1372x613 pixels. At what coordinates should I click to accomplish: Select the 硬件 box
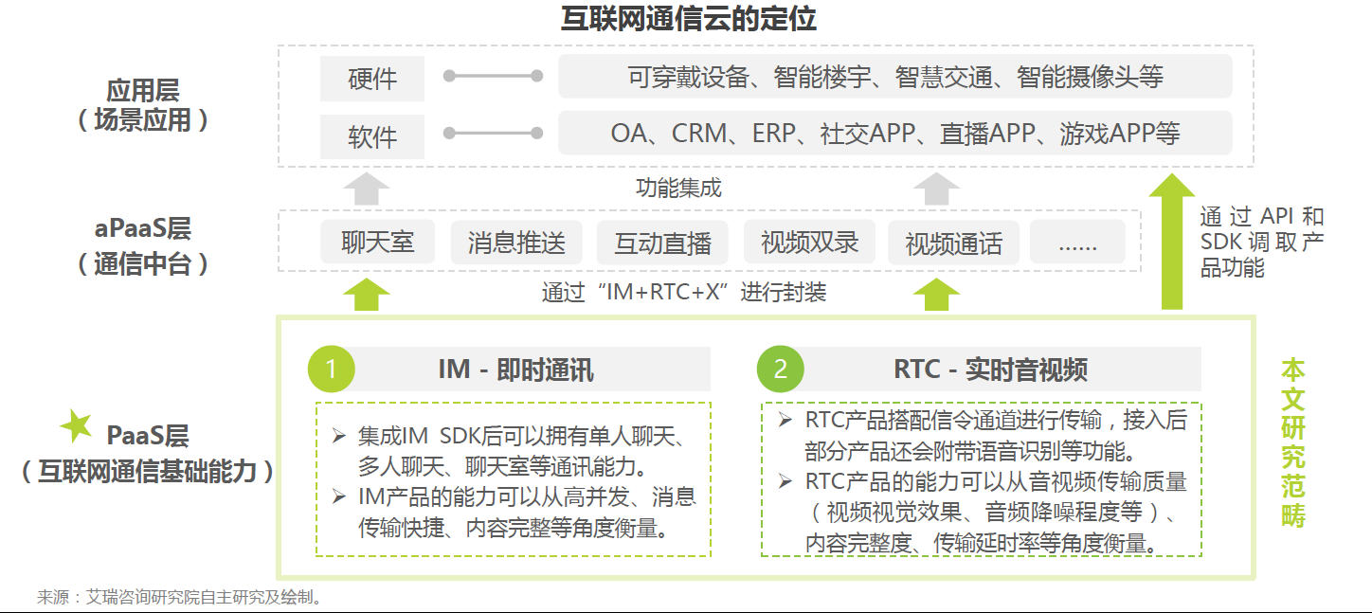[x=372, y=79]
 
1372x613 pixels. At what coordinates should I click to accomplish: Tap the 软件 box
[x=372, y=137]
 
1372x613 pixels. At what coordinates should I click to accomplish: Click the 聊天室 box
[x=378, y=242]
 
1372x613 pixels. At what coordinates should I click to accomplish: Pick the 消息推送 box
[x=516, y=242]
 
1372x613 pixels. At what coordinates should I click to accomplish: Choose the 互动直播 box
[x=662, y=243]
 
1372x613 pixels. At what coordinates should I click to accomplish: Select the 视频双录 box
[x=809, y=242]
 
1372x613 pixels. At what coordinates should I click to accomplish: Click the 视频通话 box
[x=954, y=243]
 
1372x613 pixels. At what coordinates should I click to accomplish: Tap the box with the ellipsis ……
[x=1077, y=243]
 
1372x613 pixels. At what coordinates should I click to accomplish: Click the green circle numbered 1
[x=332, y=370]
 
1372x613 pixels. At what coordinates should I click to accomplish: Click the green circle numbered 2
[x=780, y=370]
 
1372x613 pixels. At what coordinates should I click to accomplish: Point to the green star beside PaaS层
[x=77, y=427]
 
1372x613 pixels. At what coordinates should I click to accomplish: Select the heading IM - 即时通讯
[x=516, y=370]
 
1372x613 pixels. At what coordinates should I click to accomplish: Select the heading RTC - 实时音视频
[x=990, y=370]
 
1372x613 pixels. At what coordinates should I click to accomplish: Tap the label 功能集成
[x=678, y=189]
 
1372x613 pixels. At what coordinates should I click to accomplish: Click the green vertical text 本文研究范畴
[x=1293, y=442]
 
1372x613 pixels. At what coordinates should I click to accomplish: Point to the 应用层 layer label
[x=142, y=105]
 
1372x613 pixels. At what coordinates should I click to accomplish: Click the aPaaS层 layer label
[x=142, y=244]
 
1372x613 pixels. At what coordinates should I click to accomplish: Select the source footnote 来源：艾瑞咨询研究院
[x=180, y=598]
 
